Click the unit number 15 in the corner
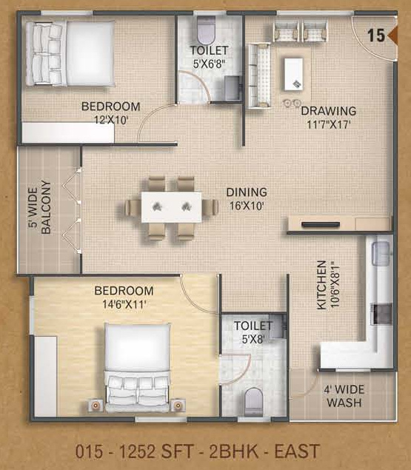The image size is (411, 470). [x=375, y=35]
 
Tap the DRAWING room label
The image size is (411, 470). [x=328, y=111]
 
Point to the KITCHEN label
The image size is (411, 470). [x=321, y=284]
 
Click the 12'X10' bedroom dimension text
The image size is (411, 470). [x=111, y=118]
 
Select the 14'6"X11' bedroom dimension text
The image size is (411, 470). [x=124, y=303]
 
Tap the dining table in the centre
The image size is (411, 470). [x=172, y=207]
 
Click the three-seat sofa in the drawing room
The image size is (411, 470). [x=259, y=68]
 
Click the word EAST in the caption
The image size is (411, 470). [x=298, y=450]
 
